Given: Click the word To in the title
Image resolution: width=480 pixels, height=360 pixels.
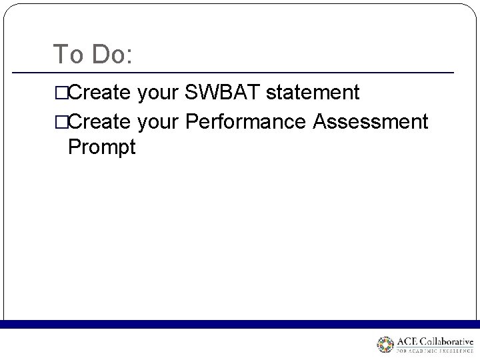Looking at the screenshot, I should [x=66, y=54].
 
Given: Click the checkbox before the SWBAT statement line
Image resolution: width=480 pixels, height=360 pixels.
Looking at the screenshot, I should [x=61, y=93].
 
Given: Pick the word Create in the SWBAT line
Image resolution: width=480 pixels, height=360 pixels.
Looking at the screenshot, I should [x=100, y=93].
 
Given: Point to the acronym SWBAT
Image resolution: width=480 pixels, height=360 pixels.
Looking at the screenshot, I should [x=223, y=93].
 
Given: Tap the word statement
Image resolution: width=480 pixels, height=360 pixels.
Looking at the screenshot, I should [x=313, y=93].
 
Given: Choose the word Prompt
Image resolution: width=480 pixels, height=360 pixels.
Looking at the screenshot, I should [x=101, y=147].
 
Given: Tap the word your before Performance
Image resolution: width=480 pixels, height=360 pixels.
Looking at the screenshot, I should [x=159, y=122].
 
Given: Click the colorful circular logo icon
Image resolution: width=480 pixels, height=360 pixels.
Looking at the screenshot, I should [x=386, y=345].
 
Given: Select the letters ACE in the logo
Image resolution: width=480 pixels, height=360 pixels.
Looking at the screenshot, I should [x=407, y=342].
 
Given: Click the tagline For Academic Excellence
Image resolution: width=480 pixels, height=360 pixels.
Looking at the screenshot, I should [x=435, y=352].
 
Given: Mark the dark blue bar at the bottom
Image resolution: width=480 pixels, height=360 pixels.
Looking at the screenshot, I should [x=240, y=324].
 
